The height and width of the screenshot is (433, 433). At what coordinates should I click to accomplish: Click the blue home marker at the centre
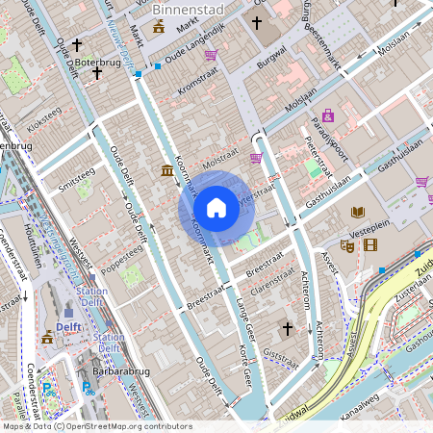(x=216, y=208)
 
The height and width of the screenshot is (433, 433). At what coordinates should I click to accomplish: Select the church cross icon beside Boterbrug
(x=97, y=73)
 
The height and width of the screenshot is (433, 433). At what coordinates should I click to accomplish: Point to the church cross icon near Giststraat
(x=286, y=330)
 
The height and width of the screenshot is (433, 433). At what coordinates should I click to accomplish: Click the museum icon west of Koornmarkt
(x=168, y=171)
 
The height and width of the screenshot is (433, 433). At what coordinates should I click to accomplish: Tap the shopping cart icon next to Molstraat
(x=256, y=158)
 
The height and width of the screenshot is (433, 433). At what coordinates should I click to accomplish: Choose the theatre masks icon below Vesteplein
(x=346, y=246)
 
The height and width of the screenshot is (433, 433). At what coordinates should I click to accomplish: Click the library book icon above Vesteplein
(x=359, y=212)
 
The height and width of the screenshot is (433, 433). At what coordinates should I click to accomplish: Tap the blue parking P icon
(x=46, y=388)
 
